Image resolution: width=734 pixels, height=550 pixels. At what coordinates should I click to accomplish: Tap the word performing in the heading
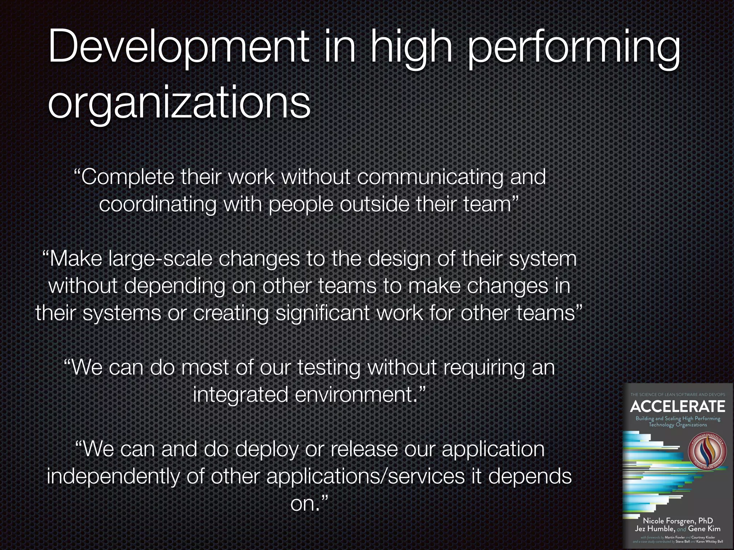click(x=573, y=50)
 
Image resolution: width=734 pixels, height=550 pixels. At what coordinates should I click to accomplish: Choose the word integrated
click(x=240, y=395)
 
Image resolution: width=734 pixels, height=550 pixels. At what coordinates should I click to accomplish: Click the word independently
click(x=113, y=477)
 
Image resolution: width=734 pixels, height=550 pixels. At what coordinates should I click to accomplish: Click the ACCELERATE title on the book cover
click(x=677, y=406)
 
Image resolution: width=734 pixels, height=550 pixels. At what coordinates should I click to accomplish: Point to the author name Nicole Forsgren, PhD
click(x=677, y=520)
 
